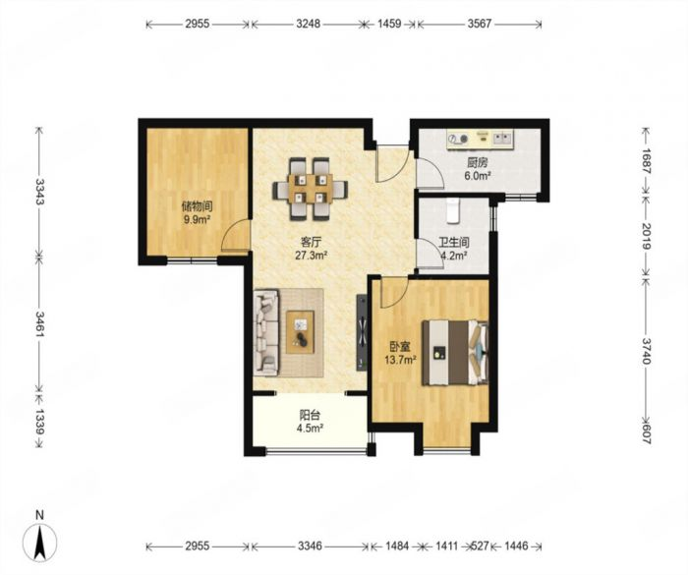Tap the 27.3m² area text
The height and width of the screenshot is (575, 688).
[312, 255]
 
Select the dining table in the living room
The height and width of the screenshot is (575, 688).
[311, 189]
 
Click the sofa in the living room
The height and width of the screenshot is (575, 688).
[266, 332]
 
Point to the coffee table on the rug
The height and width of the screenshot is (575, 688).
[300, 332]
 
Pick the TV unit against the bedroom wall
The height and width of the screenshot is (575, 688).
[362, 332]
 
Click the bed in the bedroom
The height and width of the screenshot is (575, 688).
[455, 353]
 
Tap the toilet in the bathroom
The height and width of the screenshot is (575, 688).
[452, 210]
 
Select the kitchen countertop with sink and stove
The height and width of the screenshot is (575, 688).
[481, 140]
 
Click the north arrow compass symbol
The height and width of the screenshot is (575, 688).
[40, 539]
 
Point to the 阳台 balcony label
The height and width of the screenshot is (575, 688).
[310, 415]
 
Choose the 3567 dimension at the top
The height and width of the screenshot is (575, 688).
[480, 24]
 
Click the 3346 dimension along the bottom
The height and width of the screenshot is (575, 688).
[310, 546]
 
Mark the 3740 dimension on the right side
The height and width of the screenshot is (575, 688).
[645, 351]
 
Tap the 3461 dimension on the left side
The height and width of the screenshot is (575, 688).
[40, 324]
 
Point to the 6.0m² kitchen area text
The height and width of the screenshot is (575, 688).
[478, 176]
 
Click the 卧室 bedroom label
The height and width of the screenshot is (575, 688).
[400, 347]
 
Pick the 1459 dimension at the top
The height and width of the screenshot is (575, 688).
[389, 24]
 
